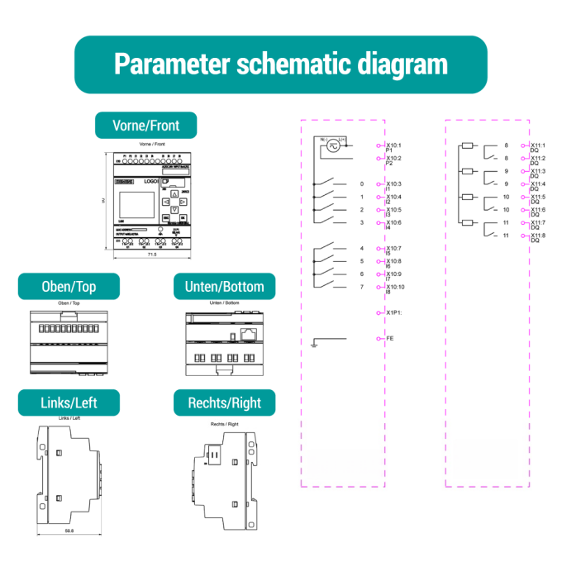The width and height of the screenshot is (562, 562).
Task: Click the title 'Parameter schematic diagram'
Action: click(x=280, y=64)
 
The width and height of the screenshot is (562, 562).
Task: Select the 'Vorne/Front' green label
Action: click(x=145, y=126)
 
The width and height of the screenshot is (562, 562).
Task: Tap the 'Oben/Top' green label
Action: click(x=69, y=287)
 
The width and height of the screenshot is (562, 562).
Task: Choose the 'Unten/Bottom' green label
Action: click(x=219, y=287)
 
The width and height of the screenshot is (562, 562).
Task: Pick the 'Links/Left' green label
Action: click(x=69, y=402)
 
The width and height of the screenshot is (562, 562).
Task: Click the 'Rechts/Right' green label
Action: click(x=224, y=402)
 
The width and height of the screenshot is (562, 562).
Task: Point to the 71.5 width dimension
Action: click(x=151, y=255)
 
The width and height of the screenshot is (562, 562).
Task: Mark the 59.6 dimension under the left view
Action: click(x=69, y=531)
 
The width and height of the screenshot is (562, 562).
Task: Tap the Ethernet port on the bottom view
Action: click(x=248, y=334)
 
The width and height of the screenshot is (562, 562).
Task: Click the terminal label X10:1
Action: click(x=393, y=145)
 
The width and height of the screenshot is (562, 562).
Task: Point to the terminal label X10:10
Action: click(x=396, y=287)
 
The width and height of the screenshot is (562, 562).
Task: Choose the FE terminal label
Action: click(x=389, y=338)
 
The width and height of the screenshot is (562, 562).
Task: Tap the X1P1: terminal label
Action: click(x=394, y=312)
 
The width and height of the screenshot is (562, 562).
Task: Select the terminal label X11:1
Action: click(x=538, y=145)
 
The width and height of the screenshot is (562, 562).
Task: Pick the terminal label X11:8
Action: click(x=538, y=236)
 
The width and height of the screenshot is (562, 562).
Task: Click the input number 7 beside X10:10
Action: click(x=361, y=287)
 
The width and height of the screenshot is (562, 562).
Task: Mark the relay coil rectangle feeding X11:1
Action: click(x=467, y=145)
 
